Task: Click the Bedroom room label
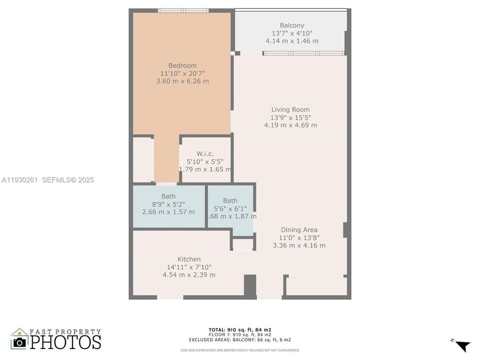click(x=182, y=65)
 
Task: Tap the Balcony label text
click(x=291, y=25)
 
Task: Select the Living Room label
click(x=290, y=109)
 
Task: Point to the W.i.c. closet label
click(x=205, y=153)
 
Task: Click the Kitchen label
click(x=189, y=259)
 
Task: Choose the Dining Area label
click(x=299, y=230)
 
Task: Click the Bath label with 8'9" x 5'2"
click(x=168, y=196)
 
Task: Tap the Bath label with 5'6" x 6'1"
click(x=230, y=200)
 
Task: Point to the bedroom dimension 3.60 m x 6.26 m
click(x=182, y=81)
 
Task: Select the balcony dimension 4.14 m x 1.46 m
click(x=292, y=41)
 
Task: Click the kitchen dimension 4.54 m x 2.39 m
click(x=189, y=275)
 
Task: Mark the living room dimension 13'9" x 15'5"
click(x=290, y=117)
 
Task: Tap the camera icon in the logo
click(x=19, y=341)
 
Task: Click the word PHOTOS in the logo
click(x=65, y=342)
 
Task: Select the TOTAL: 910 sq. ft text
click(x=239, y=330)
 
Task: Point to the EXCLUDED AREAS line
click(x=239, y=339)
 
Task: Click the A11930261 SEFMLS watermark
click(x=47, y=180)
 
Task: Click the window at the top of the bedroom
click(x=183, y=10)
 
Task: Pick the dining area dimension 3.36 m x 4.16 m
click(x=299, y=245)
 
